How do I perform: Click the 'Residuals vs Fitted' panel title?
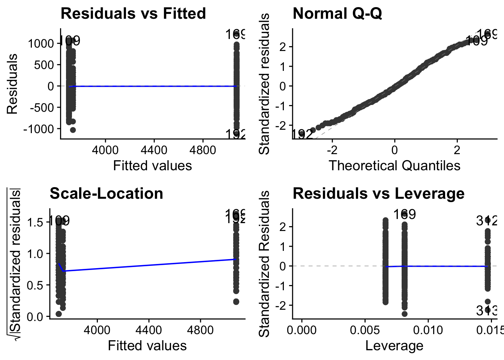coord(133,14)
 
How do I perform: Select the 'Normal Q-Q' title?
coord(337,14)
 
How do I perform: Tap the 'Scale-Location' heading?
coord(106,194)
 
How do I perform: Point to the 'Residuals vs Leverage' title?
coord(378,194)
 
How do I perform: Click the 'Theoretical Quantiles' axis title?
coord(394,165)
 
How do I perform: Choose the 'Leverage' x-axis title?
coord(394,346)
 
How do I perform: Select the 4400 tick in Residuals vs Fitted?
coord(154,150)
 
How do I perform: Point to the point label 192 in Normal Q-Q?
coord(302,134)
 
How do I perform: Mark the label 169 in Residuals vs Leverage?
coord(404,214)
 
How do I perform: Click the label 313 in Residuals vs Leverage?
coord(487,310)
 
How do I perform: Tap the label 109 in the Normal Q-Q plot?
coord(476,41)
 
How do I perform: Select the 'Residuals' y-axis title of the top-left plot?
coord(12,84)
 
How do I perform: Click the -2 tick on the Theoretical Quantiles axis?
coord(332,150)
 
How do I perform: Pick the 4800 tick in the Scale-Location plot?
coord(200,331)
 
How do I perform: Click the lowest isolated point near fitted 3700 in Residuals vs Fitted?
coord(73,130)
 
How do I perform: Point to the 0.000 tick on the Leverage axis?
coord(302,331)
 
